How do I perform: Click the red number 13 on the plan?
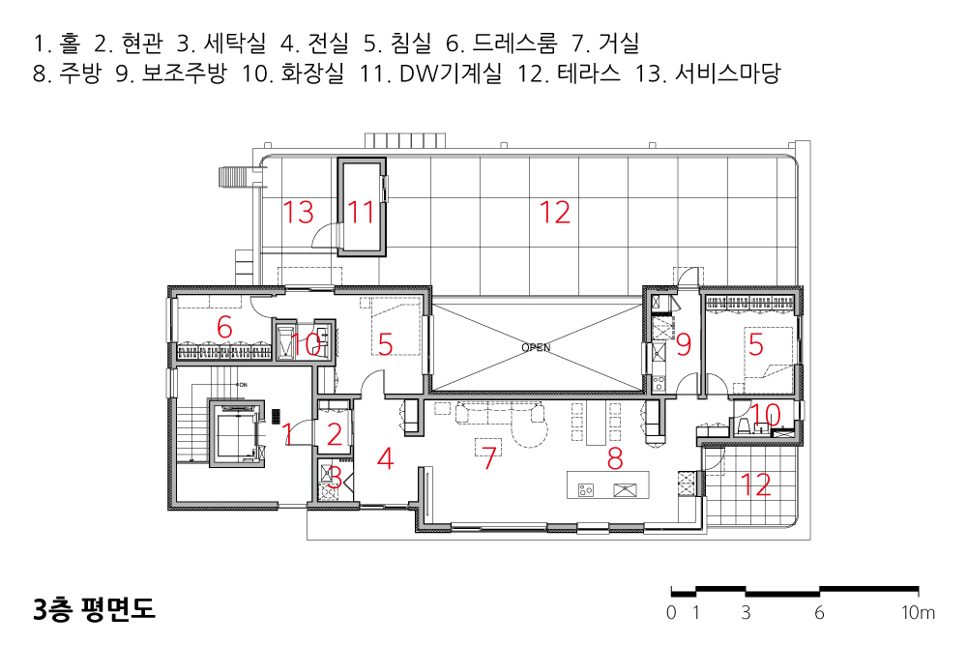click(298, 212)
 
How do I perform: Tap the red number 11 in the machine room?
click(361, 213)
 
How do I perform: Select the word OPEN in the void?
click(536, 347)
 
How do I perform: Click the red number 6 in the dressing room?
click(224, 328)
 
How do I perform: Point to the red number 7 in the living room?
click(489, 458)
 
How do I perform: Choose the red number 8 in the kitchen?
click(615, 458)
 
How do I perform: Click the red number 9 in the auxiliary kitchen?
click(684, 344)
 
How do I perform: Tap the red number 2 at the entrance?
click(335, 434)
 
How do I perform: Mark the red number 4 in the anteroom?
click(386, 458)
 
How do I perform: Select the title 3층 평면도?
click(94, 608)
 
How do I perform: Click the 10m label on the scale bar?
click(919, 613)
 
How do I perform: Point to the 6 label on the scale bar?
click(819, 613)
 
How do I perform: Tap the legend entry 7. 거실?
click(605, 44)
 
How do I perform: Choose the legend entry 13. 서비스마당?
click(709, 73)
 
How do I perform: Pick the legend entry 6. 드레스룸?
click(501, 44)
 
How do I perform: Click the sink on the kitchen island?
click(626, 490)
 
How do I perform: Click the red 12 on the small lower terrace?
click(755, 484)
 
